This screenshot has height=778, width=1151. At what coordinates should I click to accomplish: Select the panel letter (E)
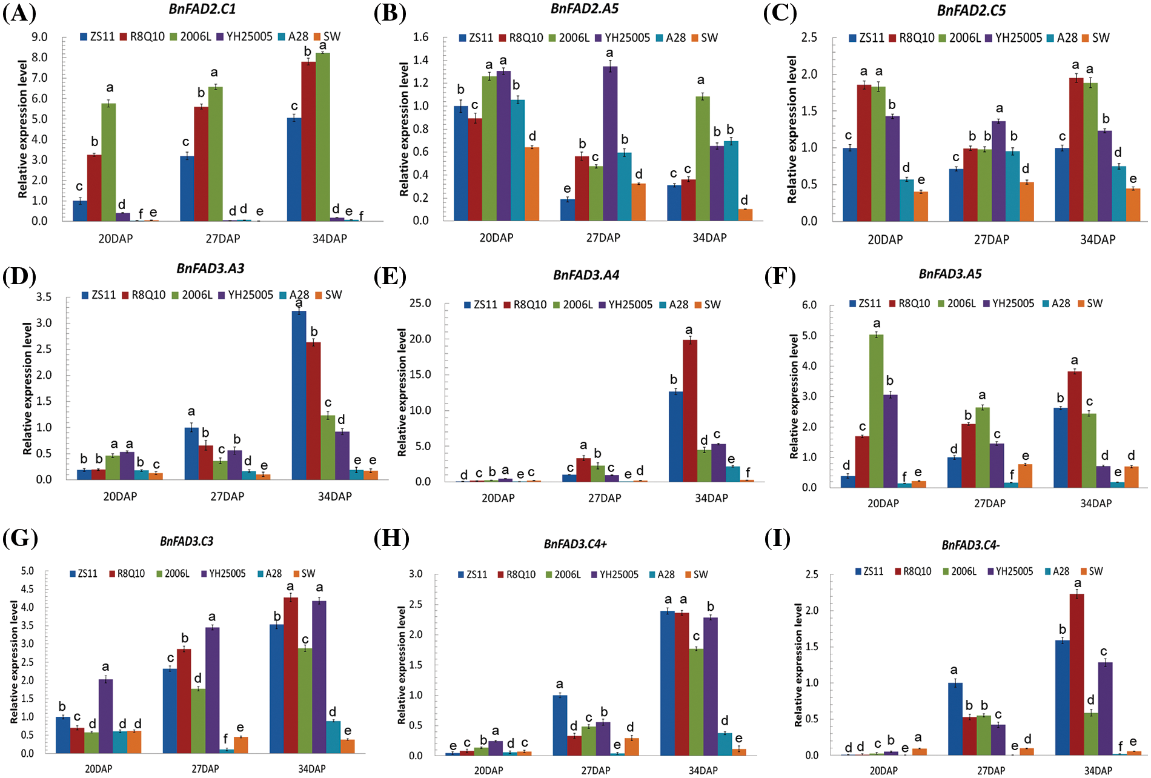(x=390, y=276)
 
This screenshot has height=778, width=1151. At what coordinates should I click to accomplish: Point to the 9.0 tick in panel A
(x=39, y=38)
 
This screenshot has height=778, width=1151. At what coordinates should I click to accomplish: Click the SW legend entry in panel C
(x=1096, y=38)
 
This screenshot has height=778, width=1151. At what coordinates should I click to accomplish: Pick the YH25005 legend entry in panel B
(x=622, y=38)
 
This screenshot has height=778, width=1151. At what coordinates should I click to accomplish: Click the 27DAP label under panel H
(x=595, y=770)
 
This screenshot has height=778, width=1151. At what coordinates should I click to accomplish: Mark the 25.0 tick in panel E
(x=420, y=303)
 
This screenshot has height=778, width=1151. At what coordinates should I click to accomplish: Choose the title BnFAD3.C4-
(x=970, y=545)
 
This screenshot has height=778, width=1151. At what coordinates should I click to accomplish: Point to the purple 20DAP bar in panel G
(x=105, y=716)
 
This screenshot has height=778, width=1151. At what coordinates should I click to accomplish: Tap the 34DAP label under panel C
(x=1098, y=240)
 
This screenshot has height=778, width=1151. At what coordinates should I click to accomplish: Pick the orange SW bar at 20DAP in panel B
(x=531, y=184)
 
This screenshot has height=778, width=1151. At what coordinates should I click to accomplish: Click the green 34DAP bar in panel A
(x=323, y=137)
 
